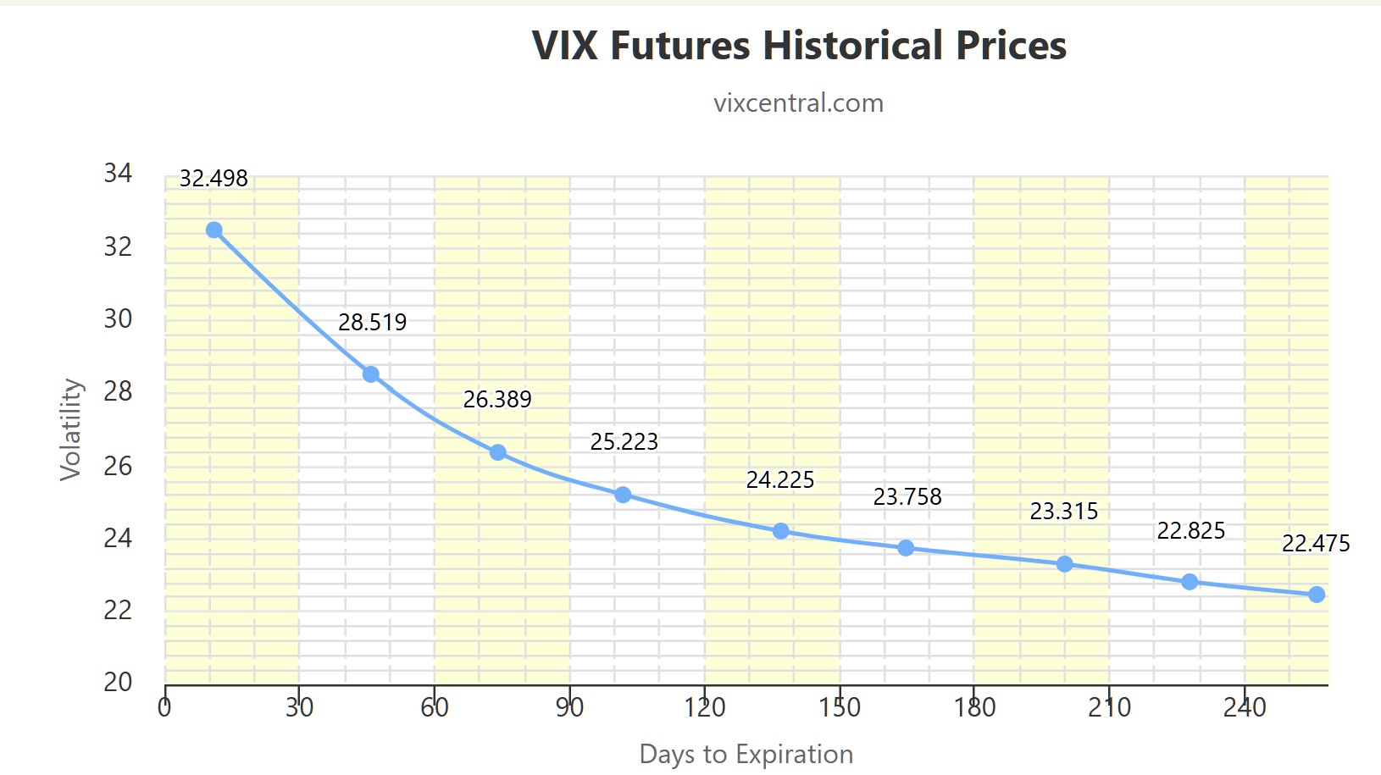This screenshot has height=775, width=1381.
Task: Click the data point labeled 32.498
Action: [214, 230]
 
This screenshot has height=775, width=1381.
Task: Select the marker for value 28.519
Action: [371, 374]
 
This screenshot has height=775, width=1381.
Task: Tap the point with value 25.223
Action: [623, 495]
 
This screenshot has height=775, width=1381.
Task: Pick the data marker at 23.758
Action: [906, 548]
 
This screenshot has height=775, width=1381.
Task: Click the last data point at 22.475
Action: [1317, 595]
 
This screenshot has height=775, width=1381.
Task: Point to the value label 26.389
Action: [497, 399]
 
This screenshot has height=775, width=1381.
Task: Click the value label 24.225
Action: [779, 480]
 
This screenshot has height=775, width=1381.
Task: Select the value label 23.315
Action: [1063, 512]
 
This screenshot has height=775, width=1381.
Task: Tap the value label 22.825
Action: [1190, 531]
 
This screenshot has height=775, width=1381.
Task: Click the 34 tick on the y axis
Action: [118, 174]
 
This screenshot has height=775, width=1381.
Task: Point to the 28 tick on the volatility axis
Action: [118, 391]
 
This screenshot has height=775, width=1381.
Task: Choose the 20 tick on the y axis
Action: [118, 682]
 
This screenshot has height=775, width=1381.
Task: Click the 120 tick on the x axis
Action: [704, 707]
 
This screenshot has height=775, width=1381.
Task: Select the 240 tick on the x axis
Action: [1244, 707]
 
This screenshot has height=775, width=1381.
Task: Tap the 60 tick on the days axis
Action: [435, 707]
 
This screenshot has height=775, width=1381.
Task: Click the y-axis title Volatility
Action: [71, 429]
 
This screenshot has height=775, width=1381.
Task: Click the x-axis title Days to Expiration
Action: [746, 754]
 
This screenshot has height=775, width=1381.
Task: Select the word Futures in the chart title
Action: [680, 46]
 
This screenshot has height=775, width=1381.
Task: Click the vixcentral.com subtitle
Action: [798, 103]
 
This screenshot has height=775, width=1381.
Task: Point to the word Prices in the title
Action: [1011, 46]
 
